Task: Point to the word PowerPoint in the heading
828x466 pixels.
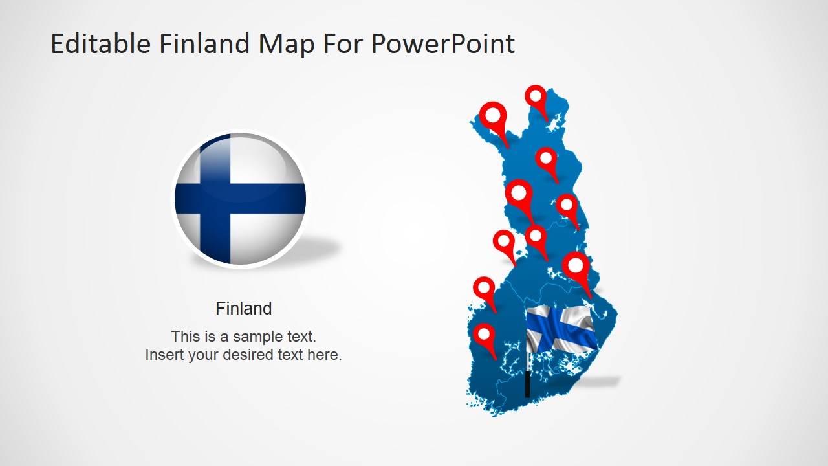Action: point(443,44)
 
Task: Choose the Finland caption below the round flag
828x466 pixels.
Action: point(243,309)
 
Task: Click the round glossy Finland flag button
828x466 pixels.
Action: point(240,199)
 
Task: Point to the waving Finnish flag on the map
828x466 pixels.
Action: point(560,329)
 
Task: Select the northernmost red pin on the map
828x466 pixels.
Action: point(536,97)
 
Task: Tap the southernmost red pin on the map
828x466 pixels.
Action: point(484,336)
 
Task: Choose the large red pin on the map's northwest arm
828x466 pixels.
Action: point(493,116)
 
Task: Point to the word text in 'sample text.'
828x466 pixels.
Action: point(300,337)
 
